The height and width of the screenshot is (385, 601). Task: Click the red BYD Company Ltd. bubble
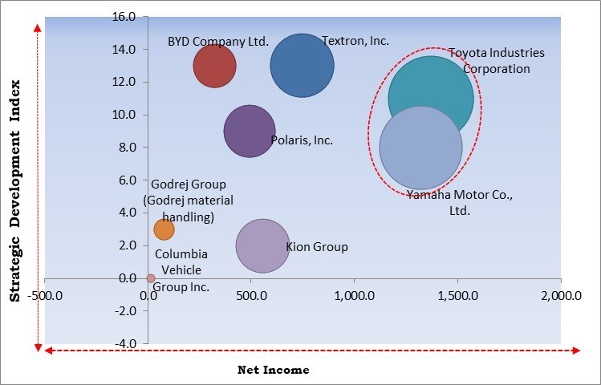214,66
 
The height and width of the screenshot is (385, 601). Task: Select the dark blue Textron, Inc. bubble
302,66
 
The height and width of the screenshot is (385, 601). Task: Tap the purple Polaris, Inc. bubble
250,132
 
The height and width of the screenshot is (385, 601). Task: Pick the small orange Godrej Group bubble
164,229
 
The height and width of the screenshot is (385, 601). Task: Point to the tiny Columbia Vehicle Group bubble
151,278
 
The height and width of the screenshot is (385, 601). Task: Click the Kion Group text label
317,247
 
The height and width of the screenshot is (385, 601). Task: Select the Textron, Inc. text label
355,40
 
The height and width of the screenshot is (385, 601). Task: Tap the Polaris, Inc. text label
302,140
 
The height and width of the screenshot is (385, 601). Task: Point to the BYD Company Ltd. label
218,41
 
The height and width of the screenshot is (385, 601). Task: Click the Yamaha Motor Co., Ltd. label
459,203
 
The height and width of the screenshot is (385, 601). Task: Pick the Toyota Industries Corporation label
496,61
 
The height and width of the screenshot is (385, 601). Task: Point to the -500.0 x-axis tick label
45,296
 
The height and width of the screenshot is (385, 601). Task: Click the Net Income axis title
273,370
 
